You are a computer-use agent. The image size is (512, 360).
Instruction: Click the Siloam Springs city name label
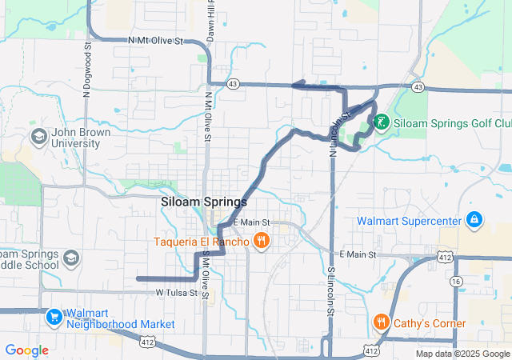coord(204,202)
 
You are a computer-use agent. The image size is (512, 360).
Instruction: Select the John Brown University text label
coord(76,138)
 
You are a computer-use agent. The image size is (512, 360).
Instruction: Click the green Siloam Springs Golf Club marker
coord(381,122)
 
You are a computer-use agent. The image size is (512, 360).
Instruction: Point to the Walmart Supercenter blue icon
coord(474,218)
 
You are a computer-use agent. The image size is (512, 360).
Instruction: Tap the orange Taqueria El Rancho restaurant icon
coord(261,240)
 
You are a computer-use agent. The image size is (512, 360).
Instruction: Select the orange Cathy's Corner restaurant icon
coord(381,322)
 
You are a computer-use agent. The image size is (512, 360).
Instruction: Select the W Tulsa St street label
coord(177,294)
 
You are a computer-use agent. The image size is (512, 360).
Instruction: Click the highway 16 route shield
coord(455,282)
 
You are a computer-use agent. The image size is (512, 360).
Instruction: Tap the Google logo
coord(26,350)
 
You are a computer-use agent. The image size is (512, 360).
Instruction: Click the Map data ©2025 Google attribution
coord(462,354)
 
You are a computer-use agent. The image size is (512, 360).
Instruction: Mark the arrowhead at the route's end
coord(295,85)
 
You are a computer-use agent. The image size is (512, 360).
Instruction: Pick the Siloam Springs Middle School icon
coord(71,258)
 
